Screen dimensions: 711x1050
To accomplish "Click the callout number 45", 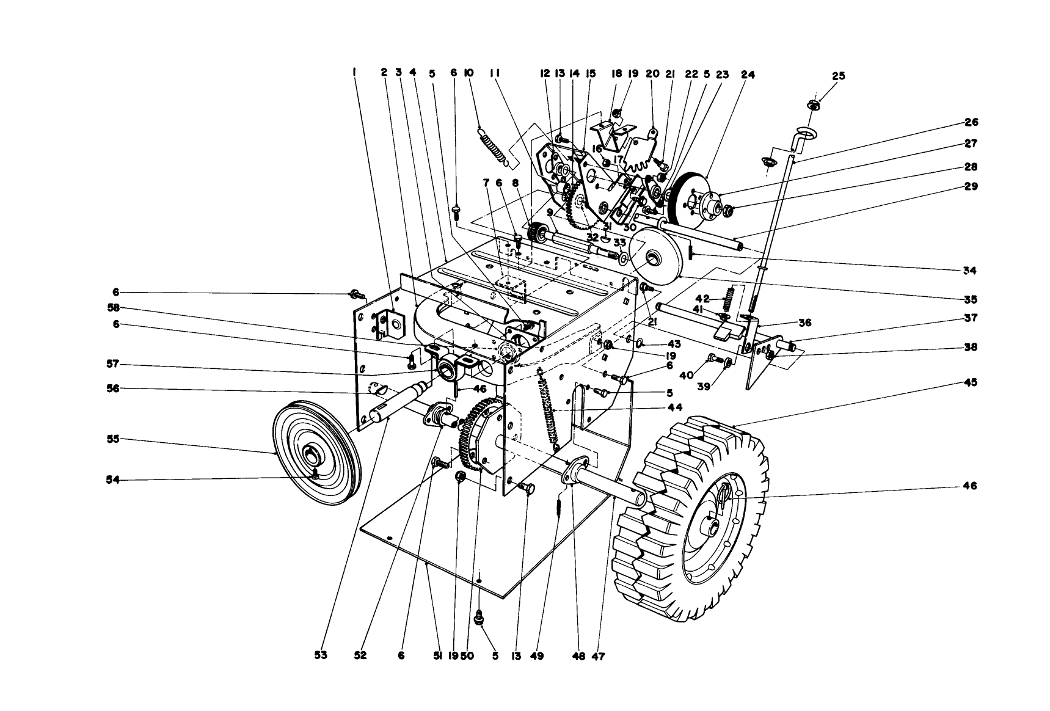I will point(970,382).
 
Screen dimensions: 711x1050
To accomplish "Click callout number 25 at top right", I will point(839,76).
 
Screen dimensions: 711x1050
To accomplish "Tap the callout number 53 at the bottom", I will point(321,655).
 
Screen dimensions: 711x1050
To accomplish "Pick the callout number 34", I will point(970,270).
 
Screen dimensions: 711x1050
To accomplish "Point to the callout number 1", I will point(354,72).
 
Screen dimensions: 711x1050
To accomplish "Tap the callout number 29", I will point(970,186).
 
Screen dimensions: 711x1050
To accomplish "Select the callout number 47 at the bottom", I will point(598,657).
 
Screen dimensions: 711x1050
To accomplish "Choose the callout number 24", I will point(748,75).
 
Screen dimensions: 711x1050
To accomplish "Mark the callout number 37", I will point(970,318).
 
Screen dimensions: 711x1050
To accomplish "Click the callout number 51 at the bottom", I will point(437,655).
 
